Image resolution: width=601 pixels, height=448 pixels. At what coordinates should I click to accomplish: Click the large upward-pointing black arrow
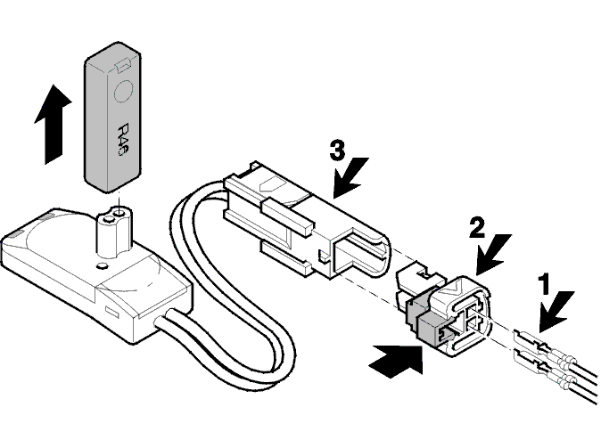click(x=53, y=125)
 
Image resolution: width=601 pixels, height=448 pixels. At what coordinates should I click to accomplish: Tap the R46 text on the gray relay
click(x=122, y=139)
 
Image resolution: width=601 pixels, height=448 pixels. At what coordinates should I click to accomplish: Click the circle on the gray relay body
click(x=124, y=92)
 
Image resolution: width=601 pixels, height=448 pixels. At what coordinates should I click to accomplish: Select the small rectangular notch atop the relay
click(x=124, y=64)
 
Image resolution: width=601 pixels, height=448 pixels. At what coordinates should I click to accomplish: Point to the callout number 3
click(x=337, y=151)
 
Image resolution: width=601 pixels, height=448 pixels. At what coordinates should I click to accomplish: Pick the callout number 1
click(x=544, y=284)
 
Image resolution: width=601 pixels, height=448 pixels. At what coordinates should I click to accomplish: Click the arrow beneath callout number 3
click(x=350, y=177)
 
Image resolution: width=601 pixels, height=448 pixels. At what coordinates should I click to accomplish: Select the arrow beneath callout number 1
click(x=556, y=312)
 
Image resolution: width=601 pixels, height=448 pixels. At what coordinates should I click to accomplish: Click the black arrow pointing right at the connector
click(x=396, y=359)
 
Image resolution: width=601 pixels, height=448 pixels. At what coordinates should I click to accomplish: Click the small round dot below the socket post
click(x=102, y=265)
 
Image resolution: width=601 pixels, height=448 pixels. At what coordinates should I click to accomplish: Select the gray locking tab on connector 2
click(x=429, y=325)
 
